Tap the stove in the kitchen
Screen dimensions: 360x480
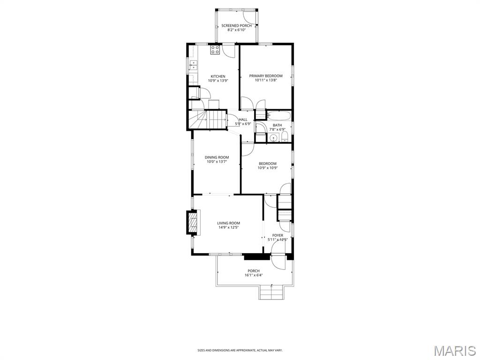pos(215,50)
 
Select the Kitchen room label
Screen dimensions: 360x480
pos(217,76)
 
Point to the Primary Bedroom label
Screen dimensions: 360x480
pos(266,76)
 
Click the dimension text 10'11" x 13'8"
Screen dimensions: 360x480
pos(266,81)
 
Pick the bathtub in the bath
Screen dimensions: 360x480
pos(279,115)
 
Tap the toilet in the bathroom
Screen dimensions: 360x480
pos(285,137)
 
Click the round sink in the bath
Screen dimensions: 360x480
pos(273,138)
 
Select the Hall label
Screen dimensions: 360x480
pos(243,120)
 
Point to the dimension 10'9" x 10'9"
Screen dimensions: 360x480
pos(268,168)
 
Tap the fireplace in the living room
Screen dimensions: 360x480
pos(192,223)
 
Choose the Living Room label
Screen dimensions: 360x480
pos(228,223)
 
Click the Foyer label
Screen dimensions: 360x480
pos(277,235)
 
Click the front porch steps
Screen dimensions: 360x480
pos(271,293)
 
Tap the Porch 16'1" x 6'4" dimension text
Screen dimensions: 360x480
pos(254,275)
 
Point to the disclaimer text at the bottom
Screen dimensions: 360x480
pos(240,350)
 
